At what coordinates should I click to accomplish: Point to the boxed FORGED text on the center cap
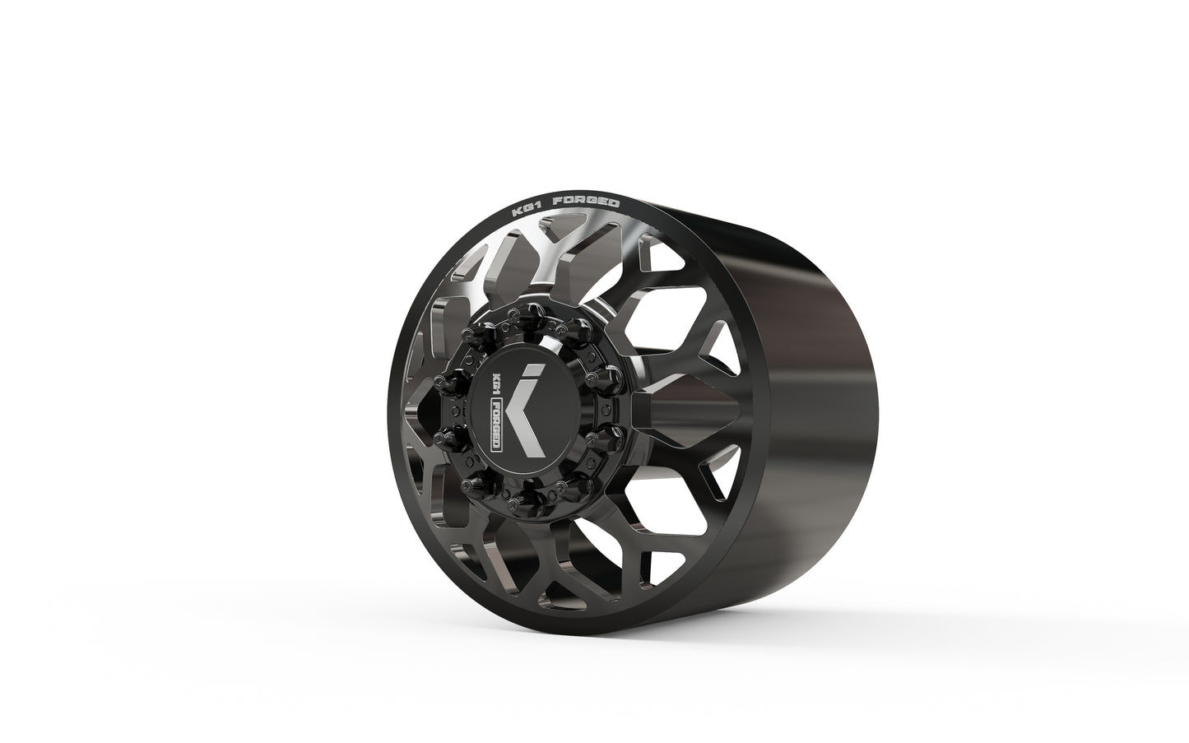point(497,429)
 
